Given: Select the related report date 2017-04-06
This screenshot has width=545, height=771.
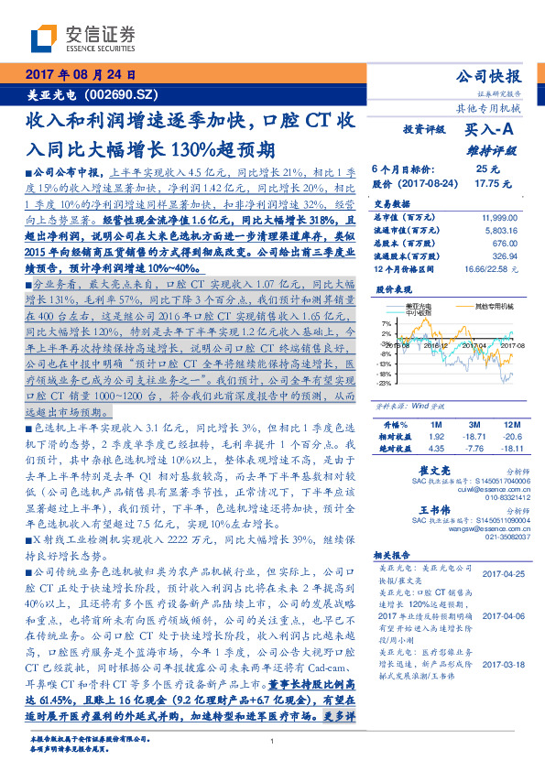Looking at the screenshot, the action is coord(502,617).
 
